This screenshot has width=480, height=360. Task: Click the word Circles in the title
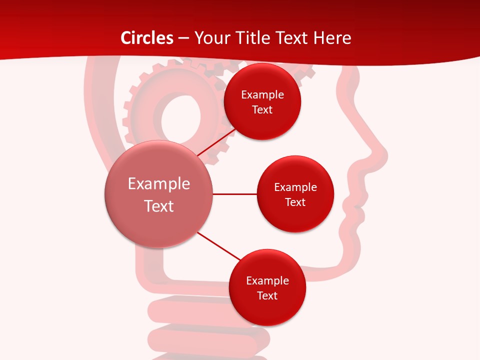[x=147, y=38]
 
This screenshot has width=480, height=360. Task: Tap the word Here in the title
[x=332, y=38]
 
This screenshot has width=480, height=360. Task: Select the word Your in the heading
[x=211, y=38]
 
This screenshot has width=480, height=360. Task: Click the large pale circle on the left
[x=158, y=194]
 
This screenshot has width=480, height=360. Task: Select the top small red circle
[x=262, y=102]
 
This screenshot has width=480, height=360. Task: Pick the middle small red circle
[x=295, y=194]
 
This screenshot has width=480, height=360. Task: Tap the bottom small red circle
[x=267, y=288]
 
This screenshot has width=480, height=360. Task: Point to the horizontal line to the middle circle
[x=234, y=194]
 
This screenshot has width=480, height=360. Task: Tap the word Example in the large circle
[x=158, y=184]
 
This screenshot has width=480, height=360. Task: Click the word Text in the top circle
[x=262, y=110]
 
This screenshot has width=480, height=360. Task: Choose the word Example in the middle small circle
[x=295, y=187]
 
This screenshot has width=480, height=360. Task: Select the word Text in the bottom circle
[x=267, y=296]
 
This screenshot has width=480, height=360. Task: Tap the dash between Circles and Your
[x=183, y=38]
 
